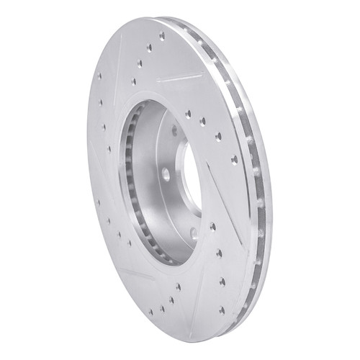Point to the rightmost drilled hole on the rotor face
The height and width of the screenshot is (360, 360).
click(233, 160)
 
